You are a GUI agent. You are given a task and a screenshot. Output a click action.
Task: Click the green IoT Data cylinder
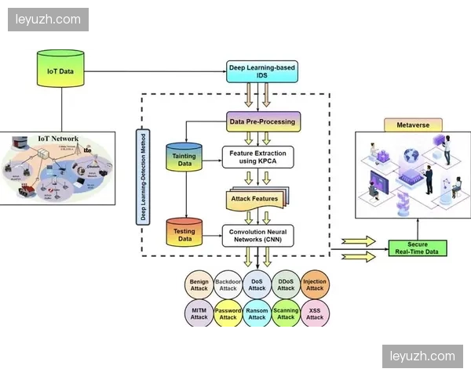click(x=60, y=70)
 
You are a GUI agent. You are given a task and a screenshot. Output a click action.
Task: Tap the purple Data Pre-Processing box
click(x=262, y=122)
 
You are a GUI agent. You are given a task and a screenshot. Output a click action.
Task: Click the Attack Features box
click(x=254, y=199)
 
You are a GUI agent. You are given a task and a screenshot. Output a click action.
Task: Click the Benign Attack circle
click(x=199, y=284)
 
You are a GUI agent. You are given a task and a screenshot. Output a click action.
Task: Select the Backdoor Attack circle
click(x=228, y=284)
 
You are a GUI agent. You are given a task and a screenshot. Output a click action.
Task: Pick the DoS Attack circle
click(x=257, y=284)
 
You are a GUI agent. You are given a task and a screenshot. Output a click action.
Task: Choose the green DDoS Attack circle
click(x=286, y=284)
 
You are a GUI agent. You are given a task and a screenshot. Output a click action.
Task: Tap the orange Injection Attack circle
click(x=315, y=284)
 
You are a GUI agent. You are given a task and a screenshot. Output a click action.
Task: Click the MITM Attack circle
click(x=199, y=313)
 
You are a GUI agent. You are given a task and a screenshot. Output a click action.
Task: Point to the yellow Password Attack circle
click(x=228, y=313)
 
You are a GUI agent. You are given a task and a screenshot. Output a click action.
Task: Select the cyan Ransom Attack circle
click(x=257, y=313)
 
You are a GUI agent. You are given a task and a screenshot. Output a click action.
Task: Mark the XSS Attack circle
click(x=315, y=313)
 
